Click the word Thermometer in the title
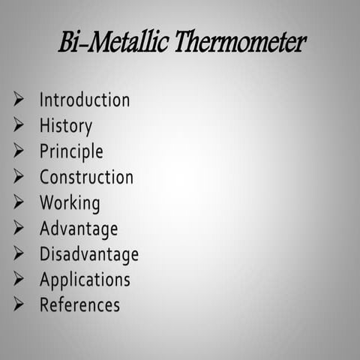tap(240, 43)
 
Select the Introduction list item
tap(85, 100)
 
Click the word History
tap(66, 125)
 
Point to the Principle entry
tap(71, 151)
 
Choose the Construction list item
tap(86, 177)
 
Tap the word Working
tap(70, 203)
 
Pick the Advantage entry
tap(79, 229)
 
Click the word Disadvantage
tap(89, 254)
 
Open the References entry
tap(79, 305)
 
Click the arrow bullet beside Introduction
tap(19, 99)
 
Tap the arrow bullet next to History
tap(19, 124)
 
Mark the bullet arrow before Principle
tap(19, 150)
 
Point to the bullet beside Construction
tap(19, 176)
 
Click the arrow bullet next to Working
tap(19, 202)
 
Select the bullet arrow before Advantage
tap(19, 227)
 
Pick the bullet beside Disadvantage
tap(19, 253)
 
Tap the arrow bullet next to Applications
tap(19, 279)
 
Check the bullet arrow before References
tap(19, 304)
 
